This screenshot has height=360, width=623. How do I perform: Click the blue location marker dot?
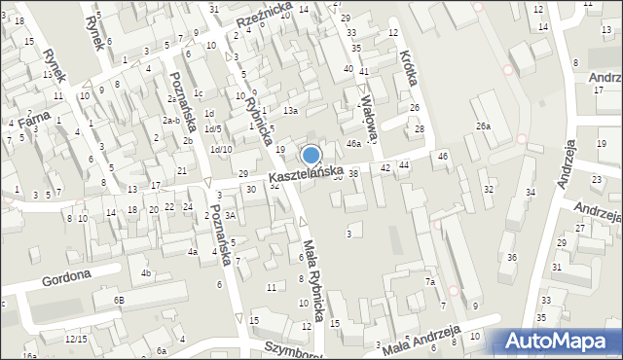(x=311, y=155)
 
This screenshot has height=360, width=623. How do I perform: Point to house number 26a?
(x=483, y=126)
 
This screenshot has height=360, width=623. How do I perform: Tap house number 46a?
(x=354, y=143)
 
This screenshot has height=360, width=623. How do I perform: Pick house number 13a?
(x=290, y=111)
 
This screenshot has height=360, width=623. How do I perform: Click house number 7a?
(x=428, y=282)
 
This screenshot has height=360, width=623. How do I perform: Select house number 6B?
(x=118, y=301)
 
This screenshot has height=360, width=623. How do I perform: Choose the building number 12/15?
(x=76, y=339)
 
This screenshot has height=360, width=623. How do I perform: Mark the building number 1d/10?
(x=221, y=149)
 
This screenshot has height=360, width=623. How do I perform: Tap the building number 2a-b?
(x=171, y=120)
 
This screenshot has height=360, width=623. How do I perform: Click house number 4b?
(x=146, y=273)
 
